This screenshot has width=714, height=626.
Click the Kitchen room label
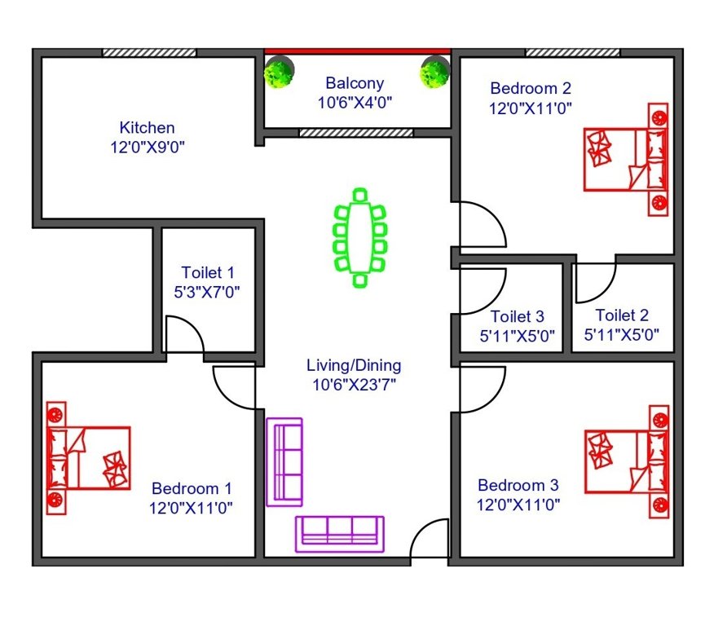(x=147, y=128)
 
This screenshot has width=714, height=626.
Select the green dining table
(x=359, y=237)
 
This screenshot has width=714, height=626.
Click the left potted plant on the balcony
(x=279, y=73)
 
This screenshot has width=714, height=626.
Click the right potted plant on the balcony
(x=434, y=73)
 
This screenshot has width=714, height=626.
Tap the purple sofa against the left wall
(x=284, y=461)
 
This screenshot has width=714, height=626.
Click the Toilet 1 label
(x=208, y=272)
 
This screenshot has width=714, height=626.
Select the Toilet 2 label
(x=622, y=315)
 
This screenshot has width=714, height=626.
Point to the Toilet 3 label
(x=517, y=316)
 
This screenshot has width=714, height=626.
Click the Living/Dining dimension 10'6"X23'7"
(x=354, y=385)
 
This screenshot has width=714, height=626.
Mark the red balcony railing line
(x=357, y=51)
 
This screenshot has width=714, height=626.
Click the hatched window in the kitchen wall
(x=149, y=52)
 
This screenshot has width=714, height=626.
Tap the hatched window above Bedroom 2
(x=571, y=52)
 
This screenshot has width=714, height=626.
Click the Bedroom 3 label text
(x=518, y=485)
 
